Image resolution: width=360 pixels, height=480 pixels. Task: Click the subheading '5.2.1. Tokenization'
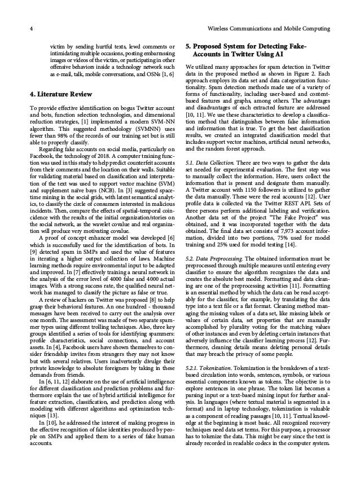209,367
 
